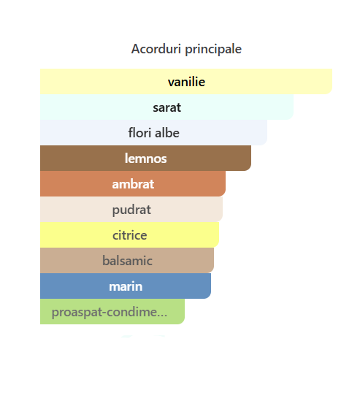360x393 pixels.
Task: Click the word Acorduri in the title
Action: tap(156, 49)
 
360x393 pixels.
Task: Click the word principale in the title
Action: tap(213, 50)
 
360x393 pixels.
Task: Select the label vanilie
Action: tap(186, 82)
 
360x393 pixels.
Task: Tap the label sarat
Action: tap(166, 107)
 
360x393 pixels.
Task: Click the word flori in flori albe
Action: tap(139, 133)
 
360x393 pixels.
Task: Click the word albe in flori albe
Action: tap(167, 133)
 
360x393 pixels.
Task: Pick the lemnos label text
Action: tap(145, 159)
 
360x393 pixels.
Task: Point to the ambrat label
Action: tap(133, 184)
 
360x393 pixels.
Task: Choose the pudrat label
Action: tap(131, 210)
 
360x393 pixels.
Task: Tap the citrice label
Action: tap(129, 235)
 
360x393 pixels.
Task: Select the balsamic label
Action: tap(127, 261)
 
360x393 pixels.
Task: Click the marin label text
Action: tap(126, 286)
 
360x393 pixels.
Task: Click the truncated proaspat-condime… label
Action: tap(110, 313)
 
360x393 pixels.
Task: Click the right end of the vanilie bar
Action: tap(332, 82)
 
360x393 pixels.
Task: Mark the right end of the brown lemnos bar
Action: tap(250, 159)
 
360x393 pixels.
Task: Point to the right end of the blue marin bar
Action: tap(210, 286)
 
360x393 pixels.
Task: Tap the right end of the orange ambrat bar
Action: tap(225, 184)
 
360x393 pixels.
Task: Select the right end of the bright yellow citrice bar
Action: tap(219, 234)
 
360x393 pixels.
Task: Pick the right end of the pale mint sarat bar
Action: tap(293, 107)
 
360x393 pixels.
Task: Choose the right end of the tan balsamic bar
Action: tap(213, 260)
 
